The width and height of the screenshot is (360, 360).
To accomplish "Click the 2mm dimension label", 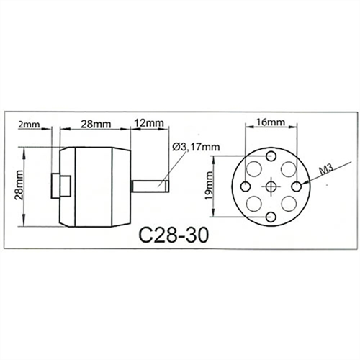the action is [x=29, y=125].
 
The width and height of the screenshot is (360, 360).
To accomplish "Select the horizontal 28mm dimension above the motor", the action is [x=96, y=124].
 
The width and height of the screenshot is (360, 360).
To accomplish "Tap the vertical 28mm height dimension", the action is [x=19, y=185].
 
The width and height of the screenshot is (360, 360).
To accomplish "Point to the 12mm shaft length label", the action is [x=149, y=123].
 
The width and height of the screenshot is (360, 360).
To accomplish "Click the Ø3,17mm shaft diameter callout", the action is [x=196, y=147].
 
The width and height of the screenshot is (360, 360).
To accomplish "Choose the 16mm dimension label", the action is [x=271, y=122].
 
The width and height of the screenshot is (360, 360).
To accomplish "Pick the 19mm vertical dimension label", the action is [x=210, y=186].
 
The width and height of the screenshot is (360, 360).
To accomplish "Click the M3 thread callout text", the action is [x=327, y=169].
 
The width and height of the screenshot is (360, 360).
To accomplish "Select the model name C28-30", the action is [x=174, y=235].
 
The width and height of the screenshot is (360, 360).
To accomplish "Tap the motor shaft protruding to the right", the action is [x=150, y=186].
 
